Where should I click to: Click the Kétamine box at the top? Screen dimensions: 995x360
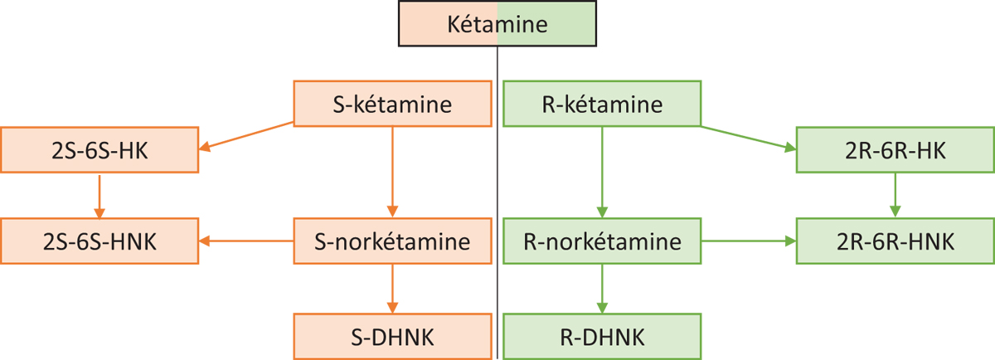(497, 23)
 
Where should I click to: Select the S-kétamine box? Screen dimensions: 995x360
(392, 104)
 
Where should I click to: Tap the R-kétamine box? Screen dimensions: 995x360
(602, 104)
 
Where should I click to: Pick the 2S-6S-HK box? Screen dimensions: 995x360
(99, 150)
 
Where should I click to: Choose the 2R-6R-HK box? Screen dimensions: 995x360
(895, 150)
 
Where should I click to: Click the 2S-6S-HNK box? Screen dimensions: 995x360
(99, 241)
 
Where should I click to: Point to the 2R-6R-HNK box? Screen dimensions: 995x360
(895, 241)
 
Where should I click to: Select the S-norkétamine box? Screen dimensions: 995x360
(392, 241)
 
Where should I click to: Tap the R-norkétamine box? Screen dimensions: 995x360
(602, 241)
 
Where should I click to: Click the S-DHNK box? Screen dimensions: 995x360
(392, 337)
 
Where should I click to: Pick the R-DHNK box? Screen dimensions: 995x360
(602, 337)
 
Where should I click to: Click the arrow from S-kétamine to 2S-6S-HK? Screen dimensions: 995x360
(246, 135)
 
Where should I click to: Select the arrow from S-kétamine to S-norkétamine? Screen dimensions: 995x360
(392, 172)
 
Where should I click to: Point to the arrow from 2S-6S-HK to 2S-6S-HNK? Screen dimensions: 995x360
(99, 197)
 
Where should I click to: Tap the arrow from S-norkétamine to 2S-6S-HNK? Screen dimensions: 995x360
(246, 241)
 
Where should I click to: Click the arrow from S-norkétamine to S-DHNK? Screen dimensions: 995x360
(392, 289)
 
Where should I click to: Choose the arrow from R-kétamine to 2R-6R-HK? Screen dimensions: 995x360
(749, 139)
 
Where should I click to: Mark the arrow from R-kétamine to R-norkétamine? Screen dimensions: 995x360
(602, 172)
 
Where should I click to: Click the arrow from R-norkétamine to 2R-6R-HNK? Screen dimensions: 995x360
(749, 241)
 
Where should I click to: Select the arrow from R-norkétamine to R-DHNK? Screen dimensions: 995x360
(602, 289)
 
